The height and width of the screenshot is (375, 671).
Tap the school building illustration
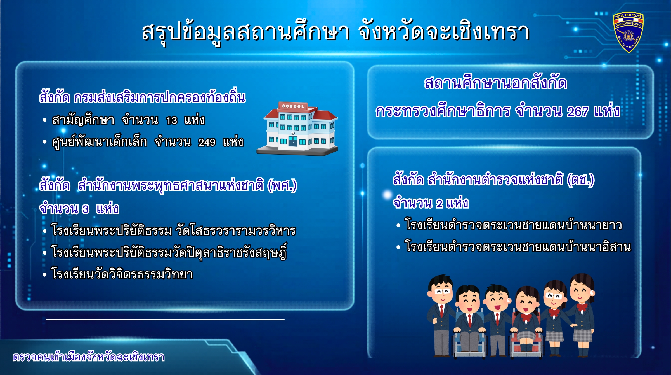click(x=297, y=129)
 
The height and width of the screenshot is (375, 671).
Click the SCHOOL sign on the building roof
click(x=293, y=106)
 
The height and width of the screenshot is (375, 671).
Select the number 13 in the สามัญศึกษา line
click(x=171, y=120)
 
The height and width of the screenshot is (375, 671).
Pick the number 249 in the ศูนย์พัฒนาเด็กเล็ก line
click(x=207, y=142)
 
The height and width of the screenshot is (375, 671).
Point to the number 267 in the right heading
click(x=578, y=111)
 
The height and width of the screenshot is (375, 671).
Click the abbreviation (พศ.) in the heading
click(x=282, y=185)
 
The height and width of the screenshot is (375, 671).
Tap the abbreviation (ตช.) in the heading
click(x=580, y=180)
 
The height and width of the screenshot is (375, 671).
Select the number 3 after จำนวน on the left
click(x=86, y=209)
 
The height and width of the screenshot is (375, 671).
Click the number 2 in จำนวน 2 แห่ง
click(x=439, y=204)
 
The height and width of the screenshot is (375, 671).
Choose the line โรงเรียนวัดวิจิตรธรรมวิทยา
click(x=122, y=274)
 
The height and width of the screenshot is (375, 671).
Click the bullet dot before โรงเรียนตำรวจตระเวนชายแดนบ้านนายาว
click(x=398, y=225)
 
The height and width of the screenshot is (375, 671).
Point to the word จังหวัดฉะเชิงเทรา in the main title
click(x=444, y=32)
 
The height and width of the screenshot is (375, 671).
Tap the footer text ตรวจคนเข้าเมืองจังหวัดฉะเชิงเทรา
click(x=88, y=357)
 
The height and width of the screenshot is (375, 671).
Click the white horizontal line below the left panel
click(x=165, y=320)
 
